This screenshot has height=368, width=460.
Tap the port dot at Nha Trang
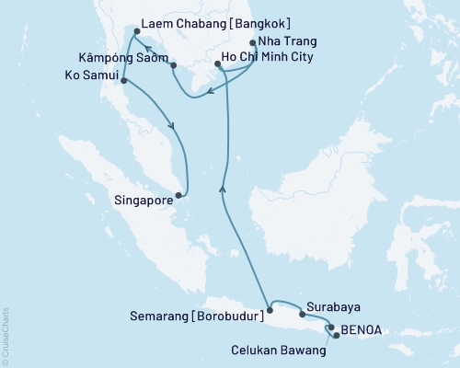click(x=253, y=41)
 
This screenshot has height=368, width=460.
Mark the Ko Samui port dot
click(x=122, y=81)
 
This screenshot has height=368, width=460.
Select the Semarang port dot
click(x=270, y=310)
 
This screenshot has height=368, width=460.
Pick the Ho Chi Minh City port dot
click(x=217, y=63)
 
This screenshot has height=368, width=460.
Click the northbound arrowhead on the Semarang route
click(x=222, y=188)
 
